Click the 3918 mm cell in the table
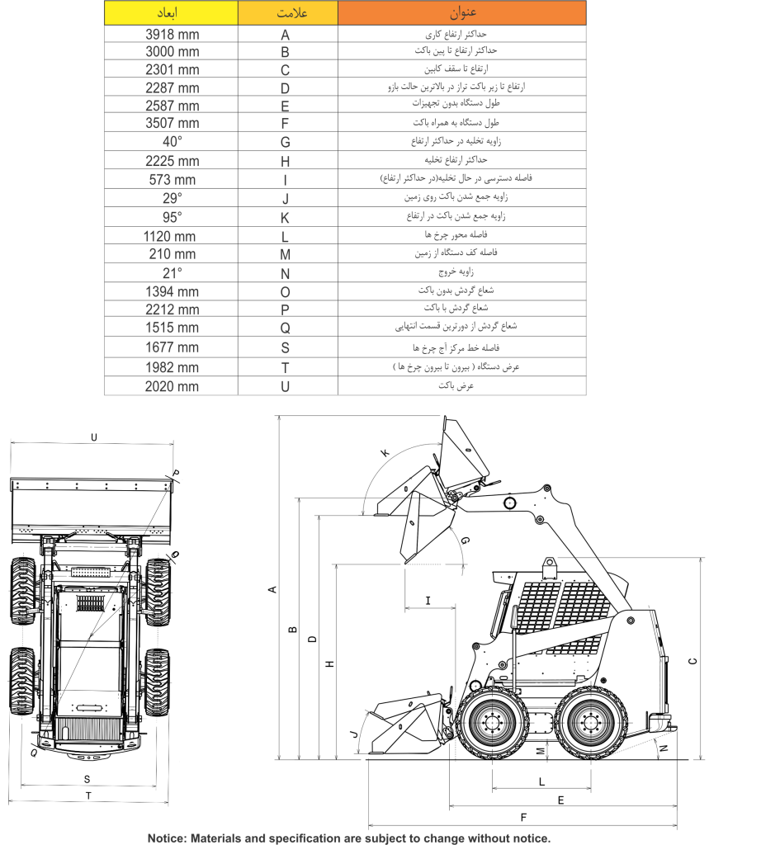click(x=172, y=35)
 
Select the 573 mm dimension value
click(x=172, y=180)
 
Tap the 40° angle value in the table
click(x=172, y=142)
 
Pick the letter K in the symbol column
click(x=285, y=218)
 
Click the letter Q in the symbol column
click(x=285, y=328)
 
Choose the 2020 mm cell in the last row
click(x=172, y=386)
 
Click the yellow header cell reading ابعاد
click(x=171, y=13)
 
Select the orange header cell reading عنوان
click(x=462, y=13)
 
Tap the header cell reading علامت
click(x=288, y=13)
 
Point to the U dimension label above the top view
click(x=94, y=437)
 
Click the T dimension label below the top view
click(x=88, y=795)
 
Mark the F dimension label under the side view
click(x=523, y=818)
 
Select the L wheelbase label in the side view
click(x=541, y=781)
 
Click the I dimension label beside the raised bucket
click(x=428, y=601)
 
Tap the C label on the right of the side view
click(x=693, y=661)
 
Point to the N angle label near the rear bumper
click(x=664, y=748)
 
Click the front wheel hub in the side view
click(x=492, y=723)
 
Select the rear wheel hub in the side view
click(x=591, y=723)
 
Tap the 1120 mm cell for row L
click(x=169, y=237)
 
